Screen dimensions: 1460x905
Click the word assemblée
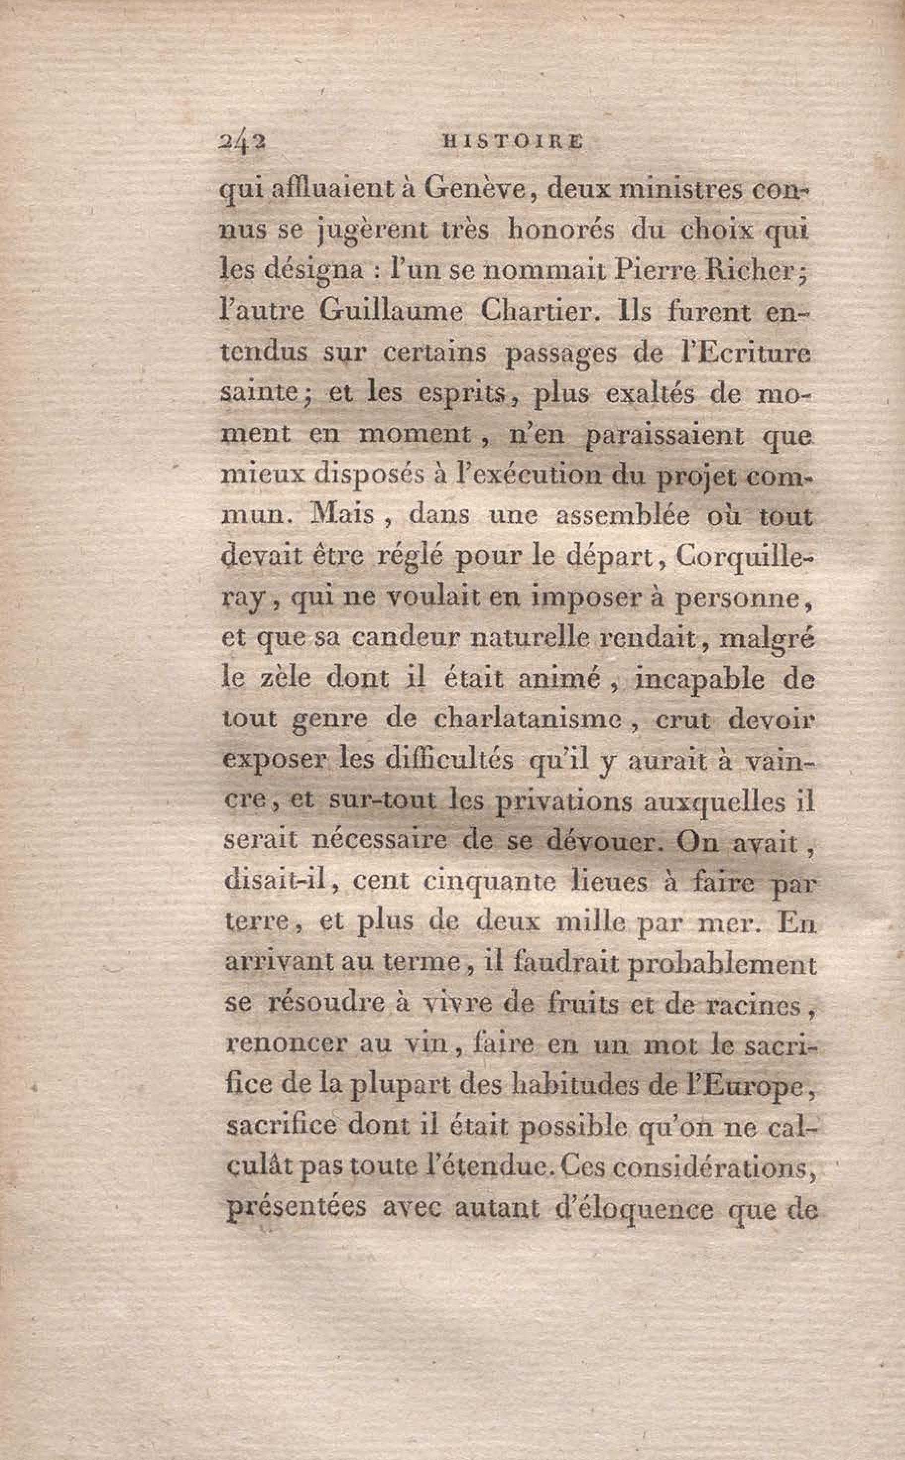click(x=622, y=515)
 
